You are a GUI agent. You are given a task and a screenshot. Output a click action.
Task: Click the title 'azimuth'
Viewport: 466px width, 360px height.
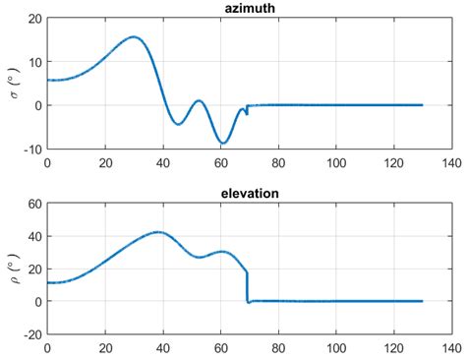click(249, 9)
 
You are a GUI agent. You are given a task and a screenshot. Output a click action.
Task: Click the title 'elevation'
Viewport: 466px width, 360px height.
click(249, 193)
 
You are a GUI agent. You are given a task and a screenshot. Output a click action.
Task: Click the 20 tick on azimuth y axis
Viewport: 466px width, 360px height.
click(33, 19)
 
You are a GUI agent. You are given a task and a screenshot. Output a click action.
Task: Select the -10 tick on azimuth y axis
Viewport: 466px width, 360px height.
click(31, 150)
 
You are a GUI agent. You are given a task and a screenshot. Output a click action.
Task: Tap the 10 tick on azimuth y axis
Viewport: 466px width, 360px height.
click(33, 62)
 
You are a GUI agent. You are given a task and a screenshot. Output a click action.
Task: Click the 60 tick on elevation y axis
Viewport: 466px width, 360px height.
click(33, 204)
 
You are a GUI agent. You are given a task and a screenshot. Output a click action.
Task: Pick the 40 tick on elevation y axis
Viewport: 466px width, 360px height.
click(33, 236)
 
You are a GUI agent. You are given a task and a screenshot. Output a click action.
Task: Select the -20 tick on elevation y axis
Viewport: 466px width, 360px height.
click(31, 334)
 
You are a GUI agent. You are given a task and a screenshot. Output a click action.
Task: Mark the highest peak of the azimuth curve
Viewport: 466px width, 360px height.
click(134, 37)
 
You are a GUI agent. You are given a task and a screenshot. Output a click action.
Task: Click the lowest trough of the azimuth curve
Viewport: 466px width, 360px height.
click(222, 144)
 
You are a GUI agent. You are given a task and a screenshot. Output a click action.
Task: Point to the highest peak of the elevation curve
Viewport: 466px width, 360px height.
click(159, 232)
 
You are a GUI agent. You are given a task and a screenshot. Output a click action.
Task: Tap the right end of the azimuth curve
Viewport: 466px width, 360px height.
click(422, 105)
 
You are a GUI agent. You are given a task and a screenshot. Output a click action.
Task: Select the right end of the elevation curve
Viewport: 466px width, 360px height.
click(422, 301)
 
